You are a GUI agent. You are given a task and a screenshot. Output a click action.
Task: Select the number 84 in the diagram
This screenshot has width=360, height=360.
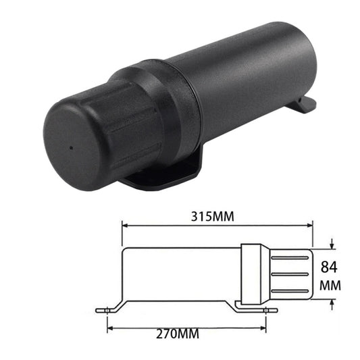[330, 265]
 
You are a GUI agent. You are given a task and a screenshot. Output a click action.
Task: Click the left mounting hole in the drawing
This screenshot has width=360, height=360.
[106, 311]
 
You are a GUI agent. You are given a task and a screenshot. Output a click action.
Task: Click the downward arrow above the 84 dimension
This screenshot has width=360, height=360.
[331, 245]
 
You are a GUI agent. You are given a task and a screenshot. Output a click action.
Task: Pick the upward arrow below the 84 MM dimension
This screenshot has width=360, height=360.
[331, 302]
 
